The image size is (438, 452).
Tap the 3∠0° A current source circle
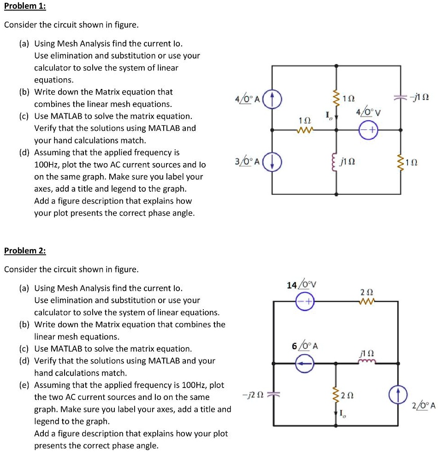[x=272, y=163]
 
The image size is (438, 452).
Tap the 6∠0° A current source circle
[x=305, y=364]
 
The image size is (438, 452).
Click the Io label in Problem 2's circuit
[x=343, y=413]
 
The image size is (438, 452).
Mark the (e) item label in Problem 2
[x=24, y=385]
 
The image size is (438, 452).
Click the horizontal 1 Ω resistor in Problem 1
[x=305, y=130]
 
